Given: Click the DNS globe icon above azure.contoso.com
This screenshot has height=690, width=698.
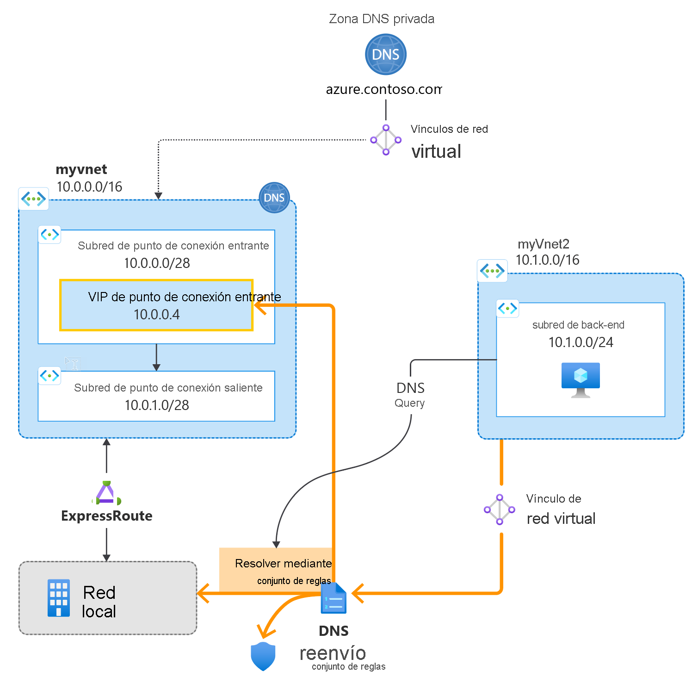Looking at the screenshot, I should (x=385, y=55).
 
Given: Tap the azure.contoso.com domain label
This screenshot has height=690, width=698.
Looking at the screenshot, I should (x=383, y=89).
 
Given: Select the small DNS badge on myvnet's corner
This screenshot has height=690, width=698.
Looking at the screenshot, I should (x=274, y=198).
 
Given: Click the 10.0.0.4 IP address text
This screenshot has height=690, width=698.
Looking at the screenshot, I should (x=156, y=315).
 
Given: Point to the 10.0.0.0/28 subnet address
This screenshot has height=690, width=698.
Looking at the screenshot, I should (x=157, y=263).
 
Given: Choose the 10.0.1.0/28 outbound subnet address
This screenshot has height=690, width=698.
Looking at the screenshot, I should (x=157, y=405).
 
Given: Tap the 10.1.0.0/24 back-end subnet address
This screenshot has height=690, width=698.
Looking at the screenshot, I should (x=581, y=342).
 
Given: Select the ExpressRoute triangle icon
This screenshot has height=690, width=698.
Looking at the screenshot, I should (x=106, y=493).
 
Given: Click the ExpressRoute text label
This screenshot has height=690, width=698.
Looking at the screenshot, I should (x=107, y=516).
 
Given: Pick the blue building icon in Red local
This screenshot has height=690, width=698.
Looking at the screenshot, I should (x=59, y=598).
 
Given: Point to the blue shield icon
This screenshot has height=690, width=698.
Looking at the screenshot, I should (x=263, y=656).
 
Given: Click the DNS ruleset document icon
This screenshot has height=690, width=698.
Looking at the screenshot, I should (x=334, y=598).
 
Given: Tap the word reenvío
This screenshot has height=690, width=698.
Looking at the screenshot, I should (x=333, y=653).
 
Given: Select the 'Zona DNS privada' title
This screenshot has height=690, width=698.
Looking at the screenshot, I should (x=382, y=19).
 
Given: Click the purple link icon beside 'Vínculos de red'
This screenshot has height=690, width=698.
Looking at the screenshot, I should (x=386, y=140).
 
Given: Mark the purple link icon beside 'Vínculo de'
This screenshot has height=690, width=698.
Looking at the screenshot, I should (x=500, y=510).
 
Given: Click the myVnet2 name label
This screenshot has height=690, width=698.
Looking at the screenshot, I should (x=544, y=244).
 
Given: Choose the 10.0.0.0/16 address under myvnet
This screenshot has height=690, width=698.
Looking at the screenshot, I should (x=89, y=187).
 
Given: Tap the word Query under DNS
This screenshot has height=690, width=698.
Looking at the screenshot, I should (x=409, y=403).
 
